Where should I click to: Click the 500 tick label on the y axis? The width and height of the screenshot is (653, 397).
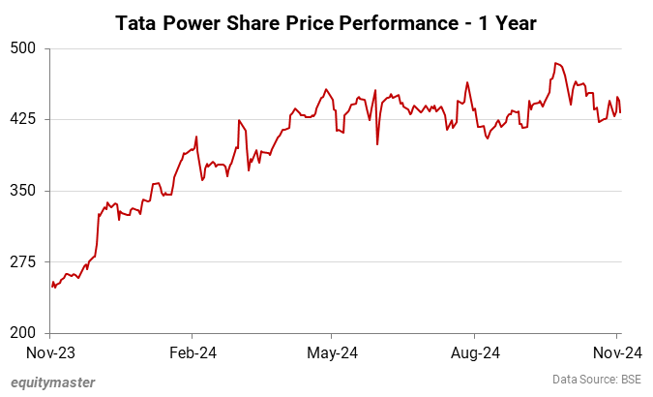[23, 48]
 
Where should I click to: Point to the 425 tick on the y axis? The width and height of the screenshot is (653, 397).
[23, 119]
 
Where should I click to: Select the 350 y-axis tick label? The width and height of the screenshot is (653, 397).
[23, 191]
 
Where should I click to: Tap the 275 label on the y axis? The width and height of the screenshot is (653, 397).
[23, 262]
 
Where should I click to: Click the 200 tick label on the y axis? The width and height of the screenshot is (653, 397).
[23, 333]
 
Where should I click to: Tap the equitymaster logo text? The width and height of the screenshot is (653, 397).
[53, 382]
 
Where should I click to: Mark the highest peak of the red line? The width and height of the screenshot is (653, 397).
[556, 63]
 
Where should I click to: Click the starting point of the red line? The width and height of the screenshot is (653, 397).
[51, 285]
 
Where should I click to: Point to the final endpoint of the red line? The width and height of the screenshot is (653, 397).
[620, 111]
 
